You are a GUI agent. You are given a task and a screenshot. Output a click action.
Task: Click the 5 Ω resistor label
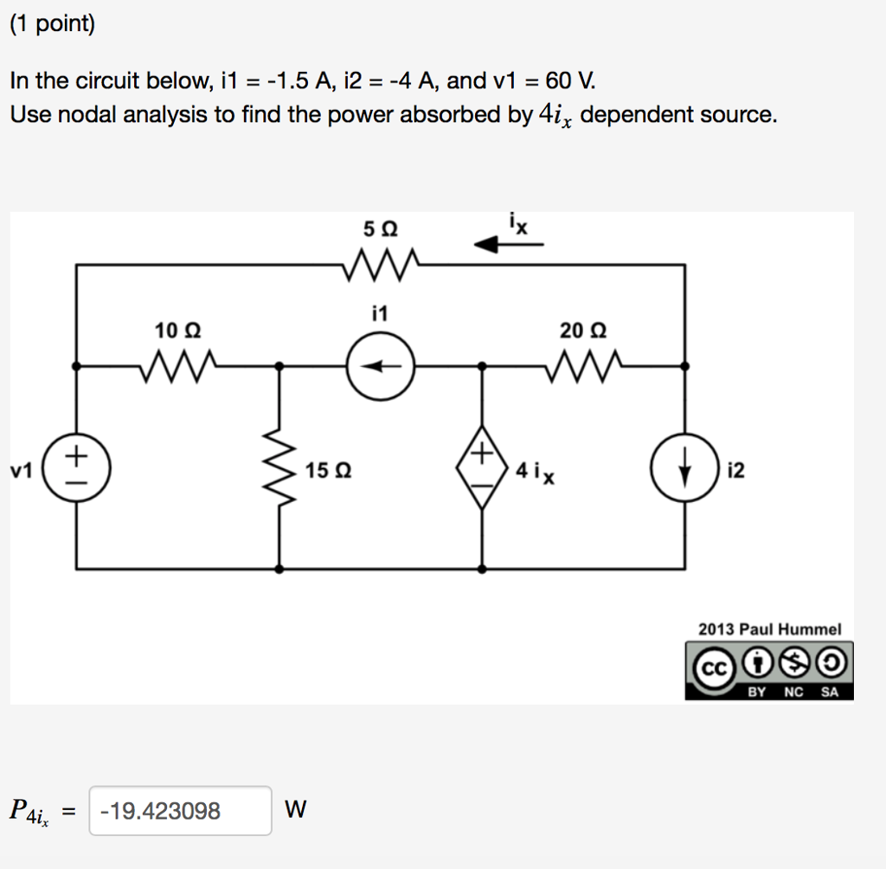381,229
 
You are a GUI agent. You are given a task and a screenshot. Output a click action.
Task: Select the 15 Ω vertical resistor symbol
279,472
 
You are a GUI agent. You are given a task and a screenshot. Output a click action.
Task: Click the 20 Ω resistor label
583,330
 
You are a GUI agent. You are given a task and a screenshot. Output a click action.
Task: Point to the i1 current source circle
381,367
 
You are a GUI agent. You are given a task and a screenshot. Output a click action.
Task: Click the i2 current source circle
685,471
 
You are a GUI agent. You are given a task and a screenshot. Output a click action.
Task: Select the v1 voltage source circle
76,471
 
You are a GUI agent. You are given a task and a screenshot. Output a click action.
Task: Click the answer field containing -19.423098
180,811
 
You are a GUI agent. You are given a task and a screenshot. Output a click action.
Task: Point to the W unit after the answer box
294,811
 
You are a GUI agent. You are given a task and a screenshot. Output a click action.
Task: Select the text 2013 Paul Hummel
769,629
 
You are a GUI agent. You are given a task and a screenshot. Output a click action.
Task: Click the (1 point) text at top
52,24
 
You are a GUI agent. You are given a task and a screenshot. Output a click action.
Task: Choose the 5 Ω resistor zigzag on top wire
381,262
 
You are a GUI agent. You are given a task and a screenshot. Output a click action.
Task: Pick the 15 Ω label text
329,472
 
